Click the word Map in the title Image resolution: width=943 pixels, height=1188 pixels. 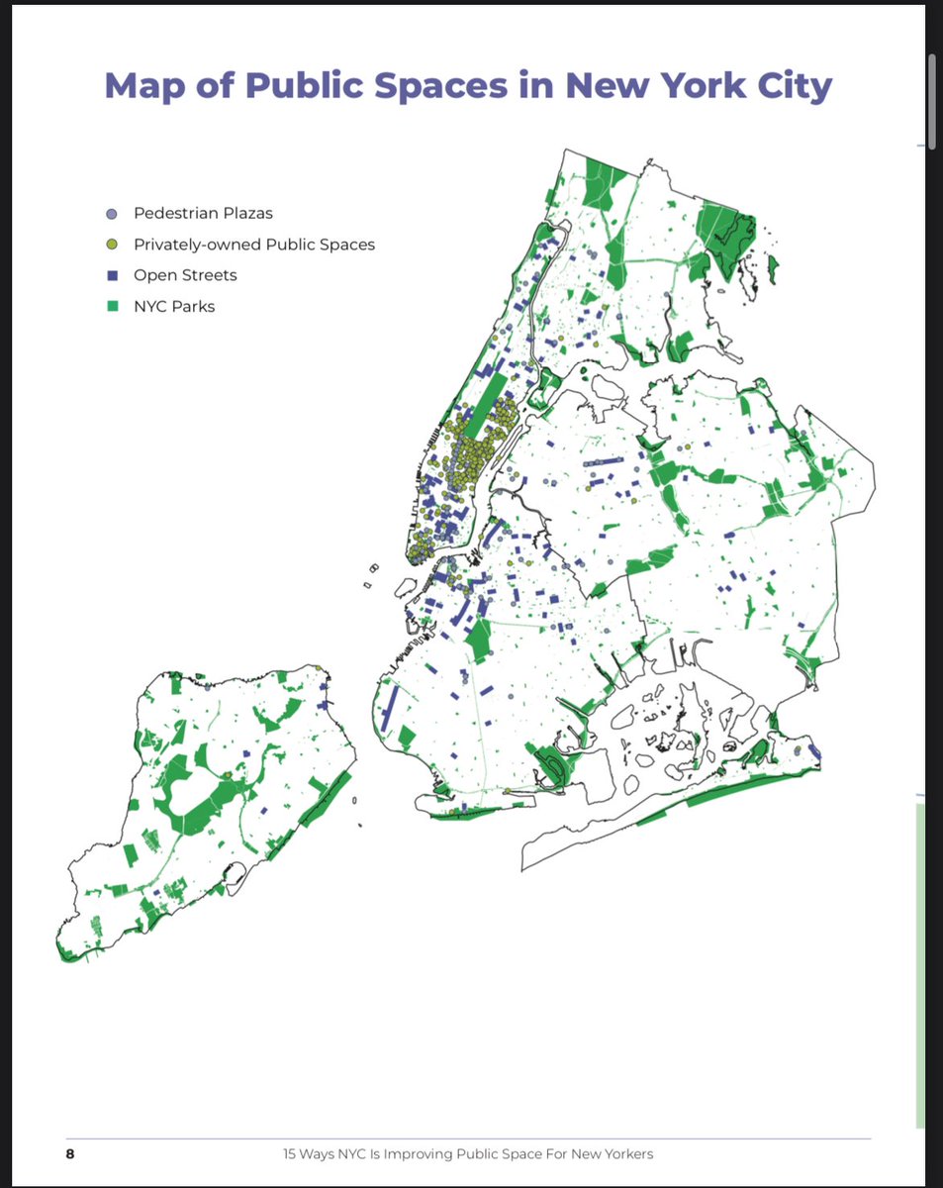[150, 85]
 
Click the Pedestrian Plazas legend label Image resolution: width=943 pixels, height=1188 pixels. [203, 213]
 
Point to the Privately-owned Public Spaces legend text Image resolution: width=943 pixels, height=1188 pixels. [254, 244]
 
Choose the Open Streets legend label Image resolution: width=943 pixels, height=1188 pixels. [185, 275]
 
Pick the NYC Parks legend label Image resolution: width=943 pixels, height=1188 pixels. [174, 306]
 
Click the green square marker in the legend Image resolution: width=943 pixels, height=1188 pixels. [112, 306]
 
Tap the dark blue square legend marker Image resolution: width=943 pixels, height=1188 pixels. [112, 275]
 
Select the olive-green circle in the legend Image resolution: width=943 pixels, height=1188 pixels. [112, 245]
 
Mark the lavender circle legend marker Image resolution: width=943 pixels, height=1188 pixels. [112, 213]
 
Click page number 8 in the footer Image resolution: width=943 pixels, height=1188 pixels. [70, 1154]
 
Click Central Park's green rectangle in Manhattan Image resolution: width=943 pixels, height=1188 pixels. [485, 405]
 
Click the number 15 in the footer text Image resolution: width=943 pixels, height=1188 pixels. [289, 1154]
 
